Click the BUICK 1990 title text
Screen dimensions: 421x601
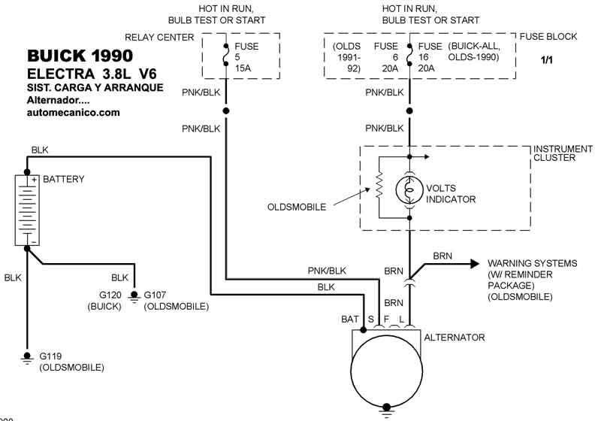click(80, 56)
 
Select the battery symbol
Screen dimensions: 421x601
click(26, 209)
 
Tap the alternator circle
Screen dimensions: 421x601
click(386, 370)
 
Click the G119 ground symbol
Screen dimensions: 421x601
click(27, 356)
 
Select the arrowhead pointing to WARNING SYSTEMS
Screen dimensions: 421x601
click(475, 263)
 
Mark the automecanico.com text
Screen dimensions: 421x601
click(74, 112)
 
